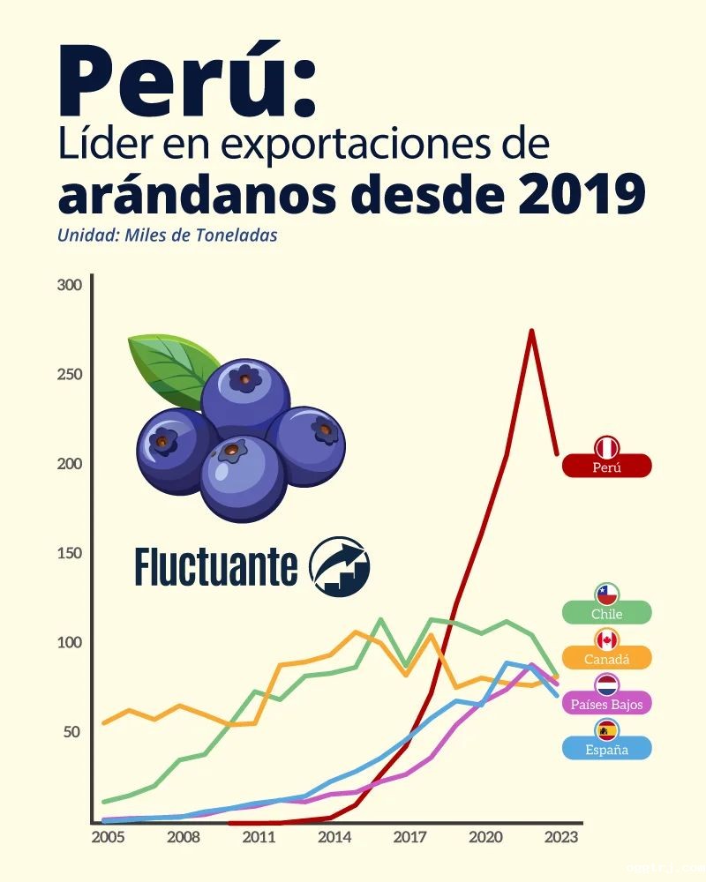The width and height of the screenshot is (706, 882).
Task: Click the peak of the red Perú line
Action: [x=531, y=332]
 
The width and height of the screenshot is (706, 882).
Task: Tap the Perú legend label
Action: [x=607, y=467]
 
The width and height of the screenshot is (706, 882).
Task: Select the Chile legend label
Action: [x=607, y=613]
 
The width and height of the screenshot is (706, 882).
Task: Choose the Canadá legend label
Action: [x=607, y=658]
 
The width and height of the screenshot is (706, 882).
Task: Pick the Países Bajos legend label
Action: [x=607, y=704]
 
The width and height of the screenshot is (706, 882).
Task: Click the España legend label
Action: [x=607, y=749]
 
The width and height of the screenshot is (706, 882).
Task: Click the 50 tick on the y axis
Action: [x=71, y=732]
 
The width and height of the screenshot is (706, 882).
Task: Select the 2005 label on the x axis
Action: [x=108, y=837]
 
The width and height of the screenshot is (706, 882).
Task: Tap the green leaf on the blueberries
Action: [x=172, y=367]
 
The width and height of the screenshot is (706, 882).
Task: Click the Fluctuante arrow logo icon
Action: [x=340, y=564]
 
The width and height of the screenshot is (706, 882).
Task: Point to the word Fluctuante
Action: [x=216, y=567]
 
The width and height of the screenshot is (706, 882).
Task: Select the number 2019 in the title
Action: [x=582, y=196]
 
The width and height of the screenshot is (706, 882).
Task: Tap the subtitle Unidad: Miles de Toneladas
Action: [x=168, y=236]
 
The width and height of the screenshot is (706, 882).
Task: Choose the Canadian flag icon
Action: [x=607, y=640]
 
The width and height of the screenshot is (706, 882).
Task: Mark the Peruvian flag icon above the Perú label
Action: [x=607, y=447]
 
